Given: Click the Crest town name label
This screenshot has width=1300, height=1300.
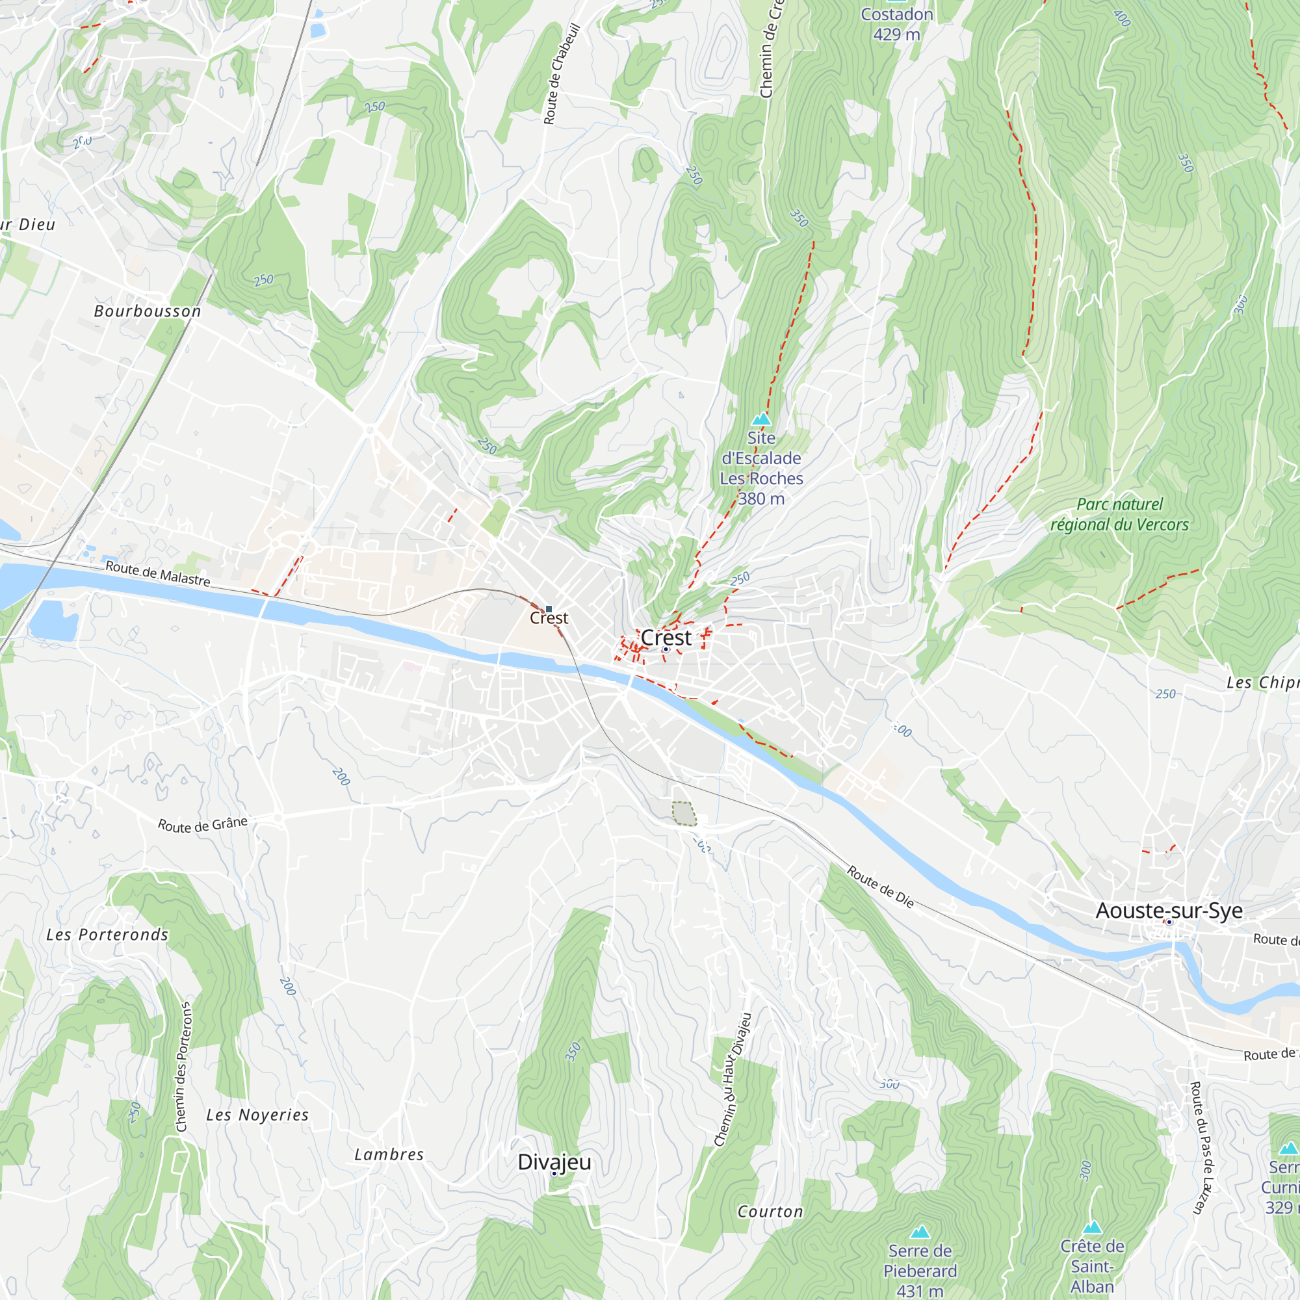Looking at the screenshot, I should [666, 637].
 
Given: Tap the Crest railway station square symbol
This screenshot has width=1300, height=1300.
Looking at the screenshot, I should [549, 609].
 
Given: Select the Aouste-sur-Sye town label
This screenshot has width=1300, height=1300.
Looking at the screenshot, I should [1169, 911].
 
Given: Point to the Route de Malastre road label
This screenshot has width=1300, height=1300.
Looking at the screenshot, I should [158, 573].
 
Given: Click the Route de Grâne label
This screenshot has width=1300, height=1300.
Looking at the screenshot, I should [203, 825].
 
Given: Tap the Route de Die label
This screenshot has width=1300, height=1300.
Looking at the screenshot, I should [880, 887].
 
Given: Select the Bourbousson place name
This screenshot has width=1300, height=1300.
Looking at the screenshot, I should [148, 311].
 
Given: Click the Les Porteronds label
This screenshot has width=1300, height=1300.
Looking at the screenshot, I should [107, 935].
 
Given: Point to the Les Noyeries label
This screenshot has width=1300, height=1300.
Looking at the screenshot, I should [257, 1115].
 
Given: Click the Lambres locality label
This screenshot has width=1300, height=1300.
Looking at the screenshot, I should [389, 1154].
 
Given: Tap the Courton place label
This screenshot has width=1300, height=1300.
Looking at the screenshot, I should [770, 1212].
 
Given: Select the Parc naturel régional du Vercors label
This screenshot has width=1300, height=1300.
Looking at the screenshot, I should [1120, 514].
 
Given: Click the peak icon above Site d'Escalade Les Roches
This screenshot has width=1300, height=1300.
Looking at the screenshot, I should [761, 419].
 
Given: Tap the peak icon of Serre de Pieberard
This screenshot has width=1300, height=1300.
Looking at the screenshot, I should [920, 1232].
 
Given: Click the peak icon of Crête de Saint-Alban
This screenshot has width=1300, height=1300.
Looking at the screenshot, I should [1092, 1227].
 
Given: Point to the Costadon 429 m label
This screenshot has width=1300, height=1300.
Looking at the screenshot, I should [896, 24].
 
